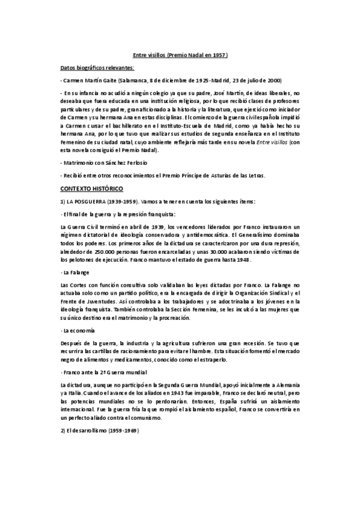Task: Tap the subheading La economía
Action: click(x=77, y=331)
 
